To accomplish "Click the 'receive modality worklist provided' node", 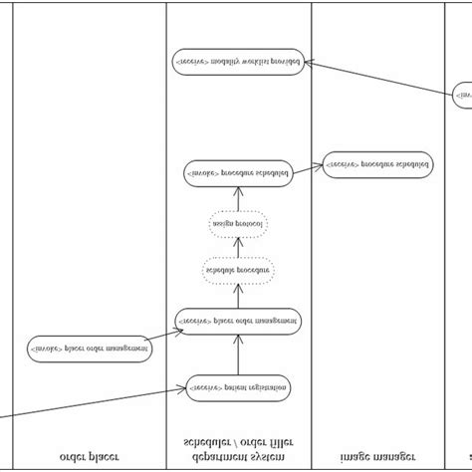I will (238, 61).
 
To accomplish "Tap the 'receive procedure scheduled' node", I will (377, 164).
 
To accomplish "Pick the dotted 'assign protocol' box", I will (238, 225).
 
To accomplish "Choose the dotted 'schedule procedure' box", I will (238, 270).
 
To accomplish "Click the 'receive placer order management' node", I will (238, 321).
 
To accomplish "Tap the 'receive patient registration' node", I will (238, 387).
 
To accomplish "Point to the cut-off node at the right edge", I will (462, 96).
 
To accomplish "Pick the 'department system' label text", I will (238, 457).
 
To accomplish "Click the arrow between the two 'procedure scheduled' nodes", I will (306, 168).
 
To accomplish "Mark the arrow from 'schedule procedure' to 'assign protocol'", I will (238, 248).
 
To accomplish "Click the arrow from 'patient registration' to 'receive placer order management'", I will (238, 354).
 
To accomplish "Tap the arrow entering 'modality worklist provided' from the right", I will (378, 78).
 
